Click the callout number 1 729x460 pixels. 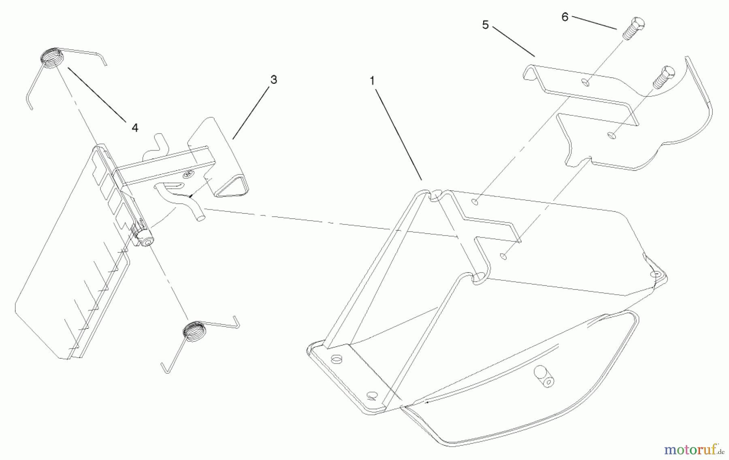tap(372, 81)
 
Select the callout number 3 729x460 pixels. tap(274, 80)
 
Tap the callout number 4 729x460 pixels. tap(135, 128)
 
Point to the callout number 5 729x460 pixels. tap(486, 25)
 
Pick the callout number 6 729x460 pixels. tap(565, 17)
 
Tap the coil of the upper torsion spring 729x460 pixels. tap(52, 58)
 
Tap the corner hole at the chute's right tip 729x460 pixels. tap(656, 275)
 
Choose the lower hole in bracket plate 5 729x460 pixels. tap(612, 135)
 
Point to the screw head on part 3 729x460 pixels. tap(188, 175)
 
